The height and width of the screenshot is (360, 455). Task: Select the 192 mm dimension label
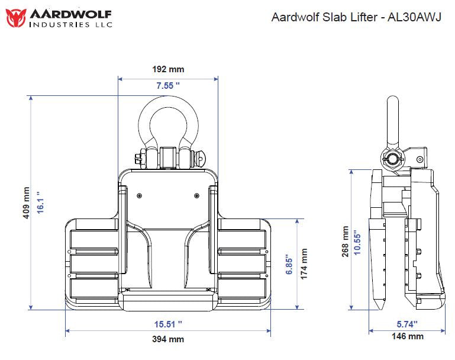tap(169, 69)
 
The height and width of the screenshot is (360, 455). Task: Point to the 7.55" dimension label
tap(169, 86)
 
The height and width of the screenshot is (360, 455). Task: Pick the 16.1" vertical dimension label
tap(40, 203)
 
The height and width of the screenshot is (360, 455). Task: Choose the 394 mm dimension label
tap(169, 339)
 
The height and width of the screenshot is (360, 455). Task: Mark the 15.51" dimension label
tap(169, 324)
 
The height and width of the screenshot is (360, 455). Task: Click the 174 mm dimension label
tap(305, 263)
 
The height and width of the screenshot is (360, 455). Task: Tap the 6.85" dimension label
tap(289, 263)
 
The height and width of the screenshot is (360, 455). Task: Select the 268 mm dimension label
tap(346, 241)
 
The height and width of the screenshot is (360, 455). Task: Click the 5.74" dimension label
tap(407, 324)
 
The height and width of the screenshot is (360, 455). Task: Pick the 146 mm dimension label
tap(408, 336)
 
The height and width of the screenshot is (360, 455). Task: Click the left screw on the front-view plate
tap(140, 195)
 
